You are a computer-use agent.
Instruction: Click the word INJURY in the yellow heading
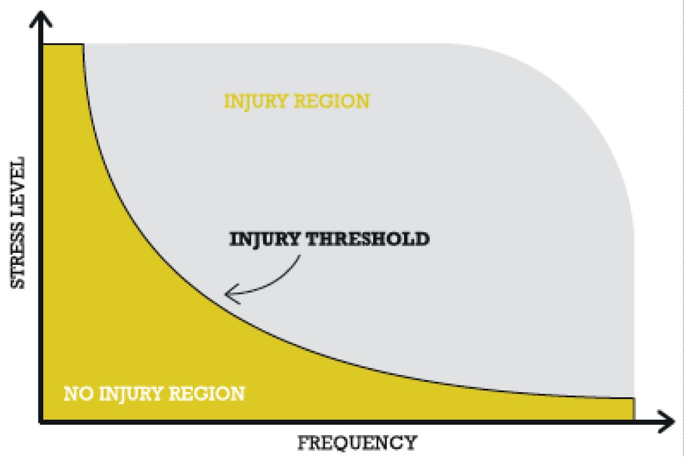point(256,102)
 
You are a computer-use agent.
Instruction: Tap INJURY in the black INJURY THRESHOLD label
point(264,240)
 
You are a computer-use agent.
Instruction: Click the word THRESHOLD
point(367,240)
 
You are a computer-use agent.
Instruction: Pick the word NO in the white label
point(78,394)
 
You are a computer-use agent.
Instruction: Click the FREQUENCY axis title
point(357,442)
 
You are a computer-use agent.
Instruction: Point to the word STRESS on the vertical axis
point(18,256)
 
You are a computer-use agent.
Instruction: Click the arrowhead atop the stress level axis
point(41,19)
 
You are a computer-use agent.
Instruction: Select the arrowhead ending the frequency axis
point(667,421)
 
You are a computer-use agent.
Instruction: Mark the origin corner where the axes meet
point(41,421)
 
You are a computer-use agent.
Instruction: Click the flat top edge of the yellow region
point(63,45)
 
